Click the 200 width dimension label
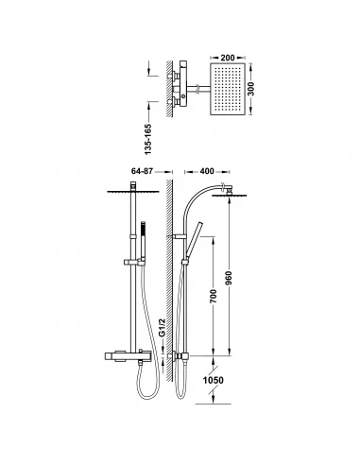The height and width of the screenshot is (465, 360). [x=228, y=58]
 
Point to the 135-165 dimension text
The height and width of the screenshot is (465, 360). [x=148, y=139]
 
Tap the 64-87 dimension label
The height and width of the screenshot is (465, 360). [x=142, y=171]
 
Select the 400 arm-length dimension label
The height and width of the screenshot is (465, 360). [x=207, y=171]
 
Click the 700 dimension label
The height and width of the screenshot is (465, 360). [x=214, y=296]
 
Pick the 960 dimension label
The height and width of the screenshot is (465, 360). [x=229, y=279]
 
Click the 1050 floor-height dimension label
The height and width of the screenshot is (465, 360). [x=214, y=380]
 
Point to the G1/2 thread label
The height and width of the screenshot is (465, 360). [x=162, y=328]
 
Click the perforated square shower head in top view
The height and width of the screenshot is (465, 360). [x=228, y=89]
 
